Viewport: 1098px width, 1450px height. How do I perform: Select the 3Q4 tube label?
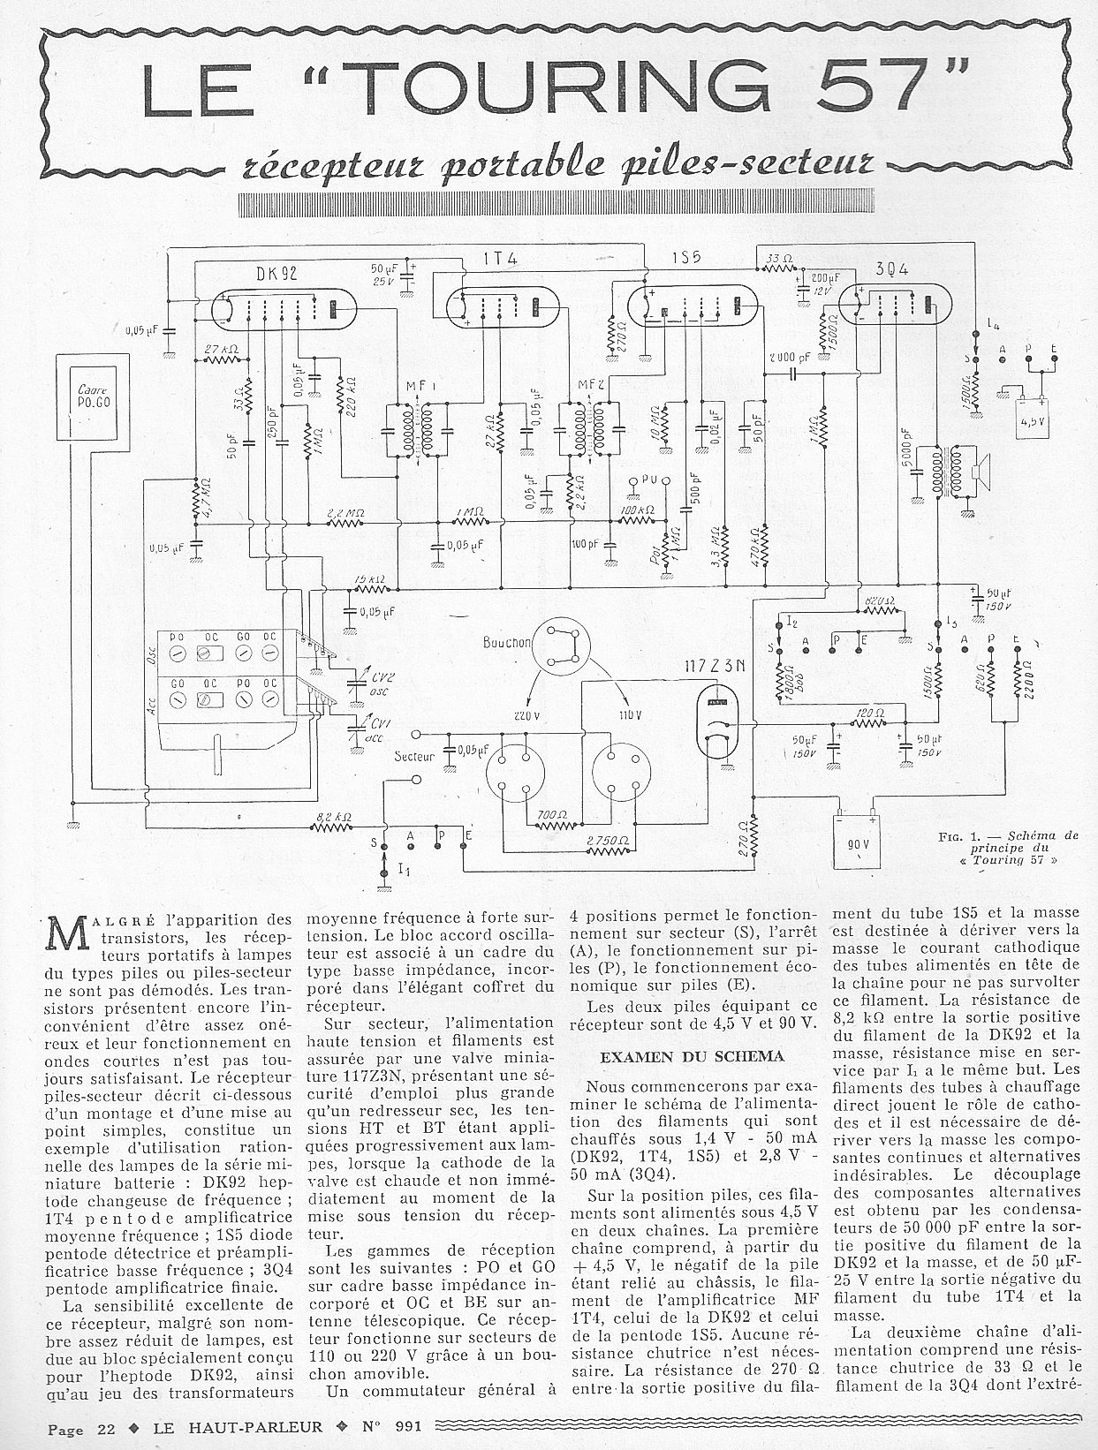click(x=894, y=268)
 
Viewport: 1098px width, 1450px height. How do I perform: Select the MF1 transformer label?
click(x=414, y=387)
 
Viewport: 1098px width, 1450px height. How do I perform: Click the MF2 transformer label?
click(x=585, y=386)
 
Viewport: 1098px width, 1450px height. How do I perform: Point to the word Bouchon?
click(x=507, y=642)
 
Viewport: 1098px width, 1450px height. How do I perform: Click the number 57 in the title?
click(x=874, y=89)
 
